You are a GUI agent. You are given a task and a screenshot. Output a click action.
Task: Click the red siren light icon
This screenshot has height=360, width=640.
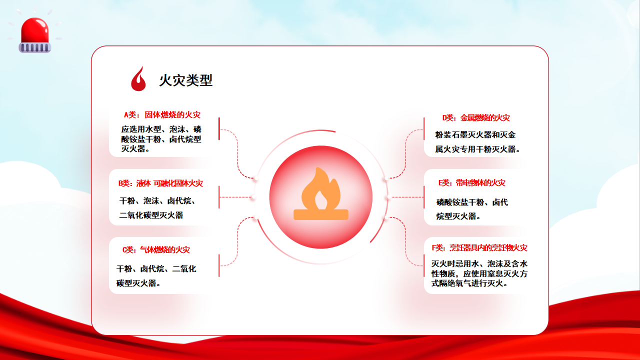pos(35,35)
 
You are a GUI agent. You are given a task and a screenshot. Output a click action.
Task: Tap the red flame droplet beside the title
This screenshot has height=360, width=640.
pos(138,79)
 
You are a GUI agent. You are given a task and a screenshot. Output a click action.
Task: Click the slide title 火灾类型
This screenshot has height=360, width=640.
pos(185,80)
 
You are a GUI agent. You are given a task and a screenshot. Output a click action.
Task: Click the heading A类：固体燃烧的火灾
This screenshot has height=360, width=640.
pos(162,115)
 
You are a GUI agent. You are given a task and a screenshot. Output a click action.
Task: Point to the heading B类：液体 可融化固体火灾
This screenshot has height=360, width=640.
pos(160,183)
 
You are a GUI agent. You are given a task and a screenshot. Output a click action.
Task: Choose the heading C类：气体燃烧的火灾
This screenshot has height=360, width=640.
pos(156,249)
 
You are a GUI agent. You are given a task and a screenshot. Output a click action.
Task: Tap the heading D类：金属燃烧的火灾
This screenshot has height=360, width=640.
pos(476,117)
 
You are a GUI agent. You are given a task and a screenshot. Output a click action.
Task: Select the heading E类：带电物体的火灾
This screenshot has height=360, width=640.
pos(472,182)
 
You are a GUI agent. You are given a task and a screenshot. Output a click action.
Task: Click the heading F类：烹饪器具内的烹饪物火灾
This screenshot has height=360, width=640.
pos(479,247)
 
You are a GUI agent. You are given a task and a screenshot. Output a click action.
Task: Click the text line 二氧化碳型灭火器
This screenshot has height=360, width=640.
pos(151,215)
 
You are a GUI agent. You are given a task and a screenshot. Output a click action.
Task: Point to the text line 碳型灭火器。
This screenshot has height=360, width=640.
pos(138,283)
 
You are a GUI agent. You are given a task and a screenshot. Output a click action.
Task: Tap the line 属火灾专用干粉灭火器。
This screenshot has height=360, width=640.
pos(477,149)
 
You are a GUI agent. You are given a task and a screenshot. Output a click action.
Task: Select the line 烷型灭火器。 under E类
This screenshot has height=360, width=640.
pos(458,216)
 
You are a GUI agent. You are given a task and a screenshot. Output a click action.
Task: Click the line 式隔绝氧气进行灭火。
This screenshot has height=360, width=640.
pos(469,283)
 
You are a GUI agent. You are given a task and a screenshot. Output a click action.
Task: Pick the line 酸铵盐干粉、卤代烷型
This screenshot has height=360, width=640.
pos(161,139)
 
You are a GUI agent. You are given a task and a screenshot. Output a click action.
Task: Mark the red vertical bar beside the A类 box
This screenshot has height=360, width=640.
pos(219,128)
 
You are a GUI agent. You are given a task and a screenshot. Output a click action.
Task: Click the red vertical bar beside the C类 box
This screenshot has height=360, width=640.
pos(219,265)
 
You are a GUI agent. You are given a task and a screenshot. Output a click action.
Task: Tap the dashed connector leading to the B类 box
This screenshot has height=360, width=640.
pos(236,197)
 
